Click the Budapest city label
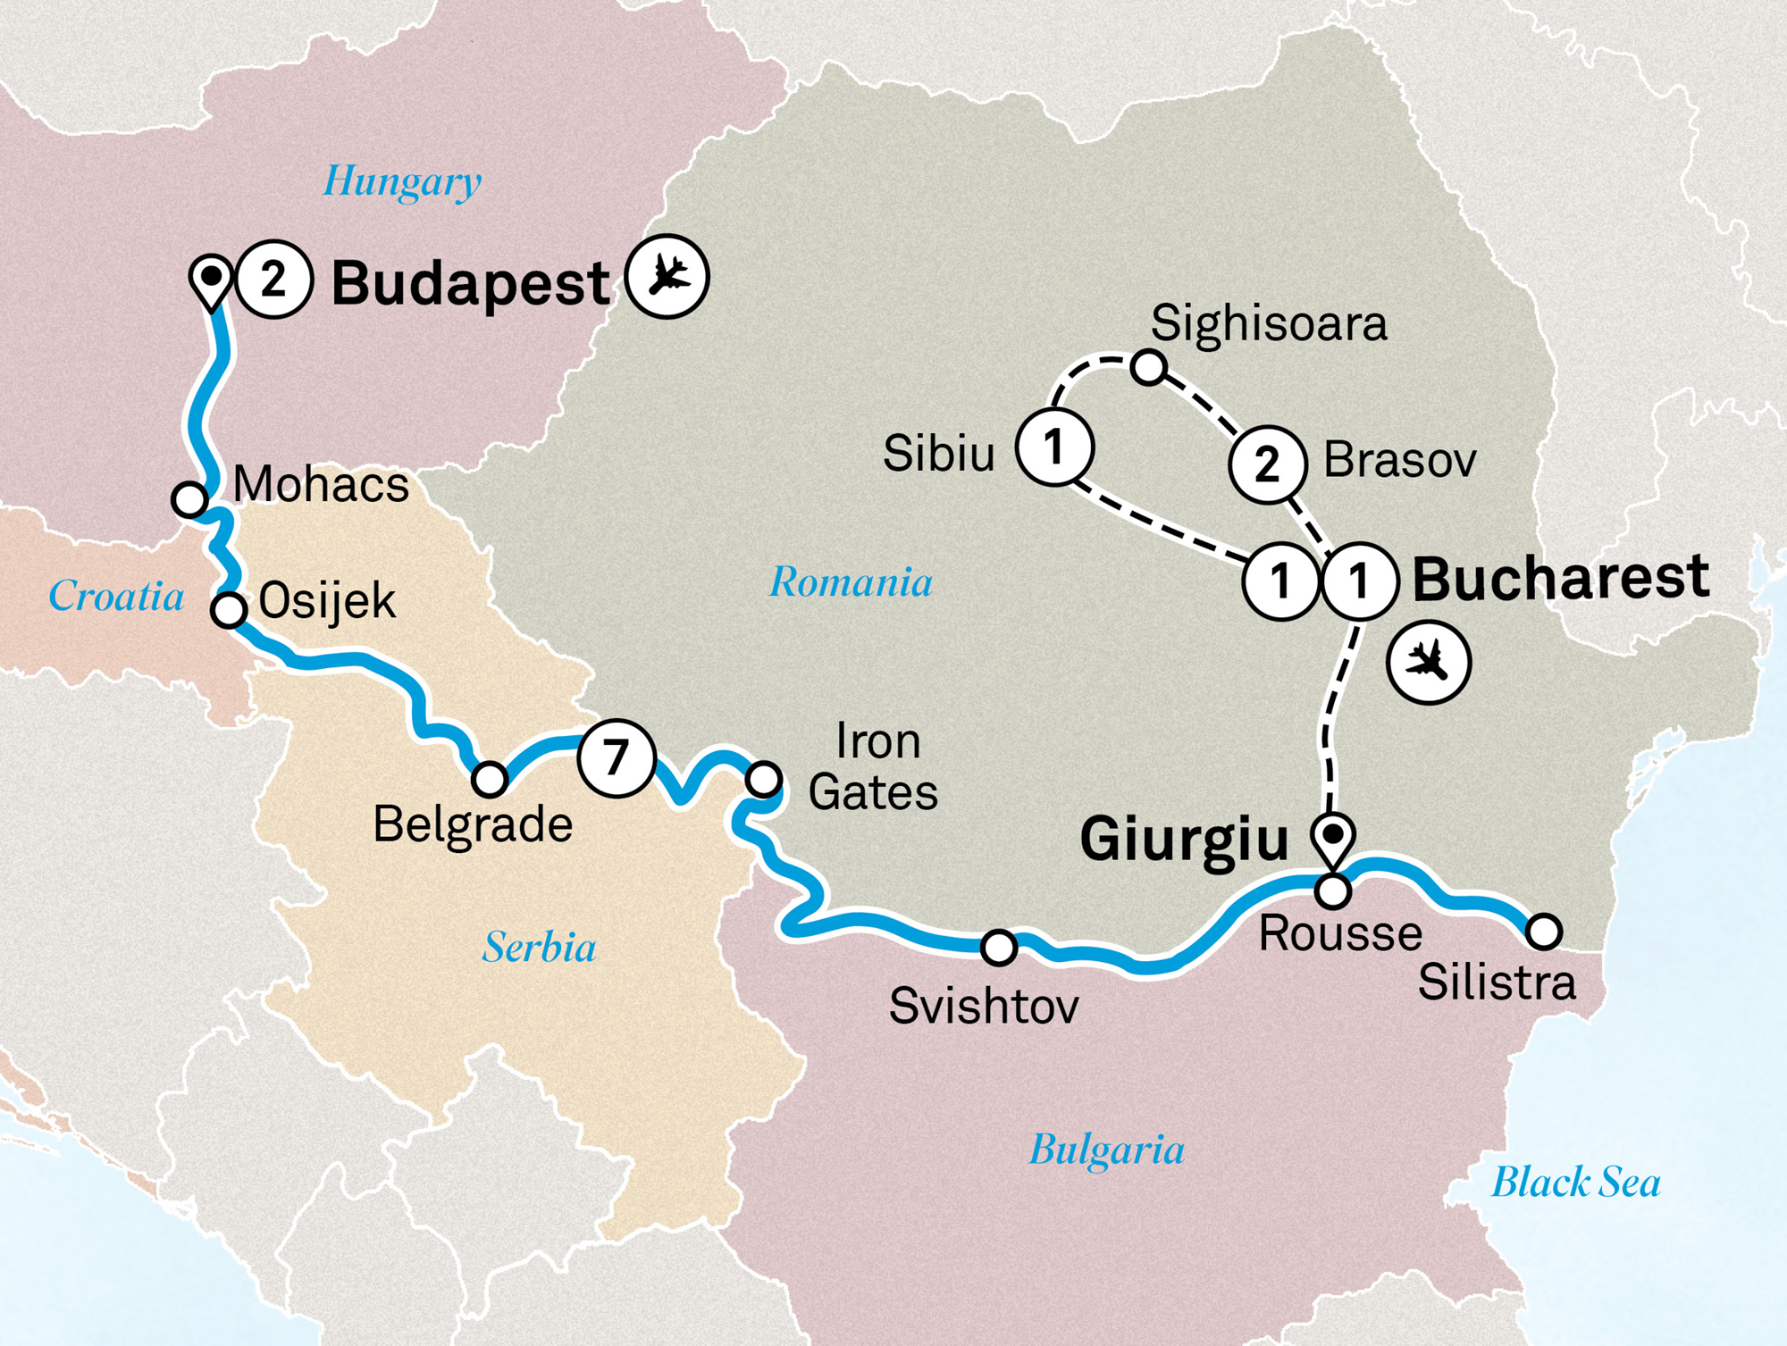tap(471, 284)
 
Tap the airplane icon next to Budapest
tap(667, 276)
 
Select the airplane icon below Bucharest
tap(1428, 663)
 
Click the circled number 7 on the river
tap(617, 758)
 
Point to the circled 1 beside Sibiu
tap(1054, 447)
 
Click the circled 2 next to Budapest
tap(274, 280)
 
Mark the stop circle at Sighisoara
tap(1148, 367)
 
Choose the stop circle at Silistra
tap(1544, 931)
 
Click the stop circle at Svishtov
tap(999, 947)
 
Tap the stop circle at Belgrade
tap(490, 779)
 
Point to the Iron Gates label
tap(873, 766)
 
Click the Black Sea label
tap(1576, 1183)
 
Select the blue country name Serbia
tap(539, 947)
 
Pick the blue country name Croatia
tap(116, 596)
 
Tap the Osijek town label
tap(326, 601)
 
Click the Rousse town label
tap(1339, 934)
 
